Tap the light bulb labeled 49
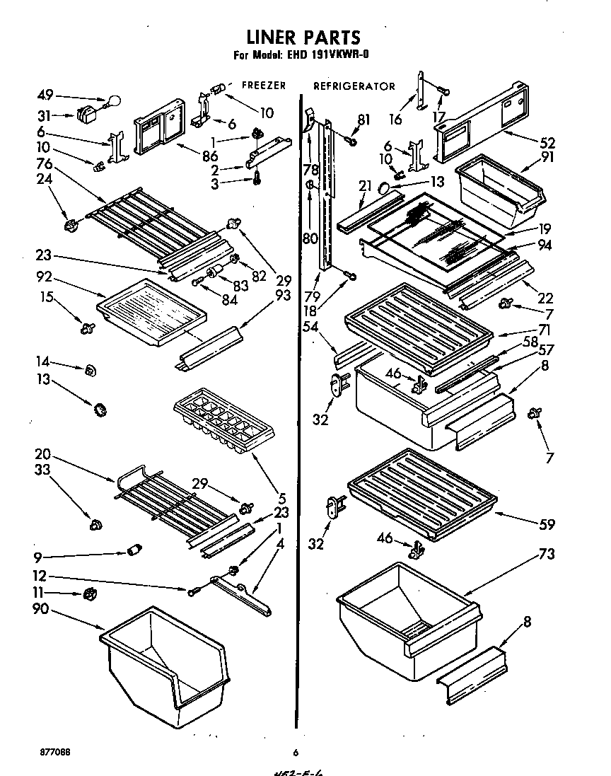(x=111, y=103)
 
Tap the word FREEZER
(x=264, y=86)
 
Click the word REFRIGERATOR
(x=354, y=86)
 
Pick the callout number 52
(x=547, y=141)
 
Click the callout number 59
(x=547, y=525)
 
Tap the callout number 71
(x=543, y=330)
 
